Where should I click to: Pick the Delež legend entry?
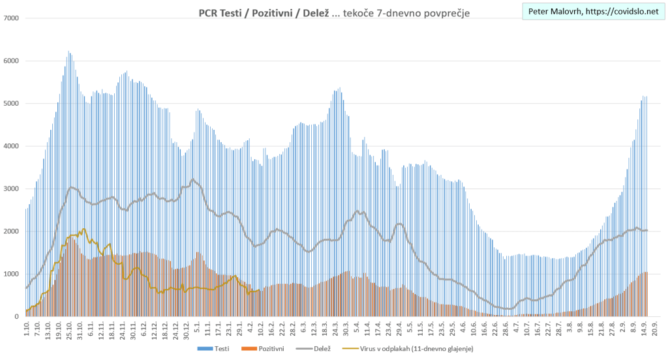pos(320,350)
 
